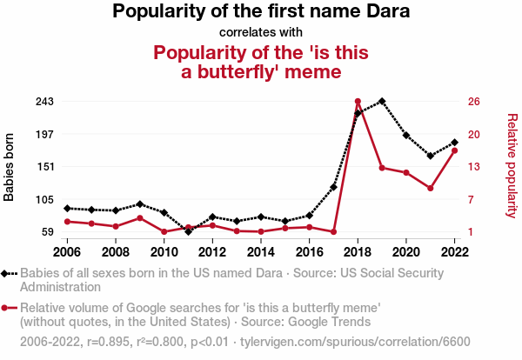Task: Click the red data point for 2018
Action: click(x=358, y=102)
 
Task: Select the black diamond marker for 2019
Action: click(x=382, y=102)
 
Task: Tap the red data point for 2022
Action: click(x=454, y=150)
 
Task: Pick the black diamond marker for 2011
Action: click(x=188, y=231)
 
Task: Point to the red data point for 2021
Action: click(x=430, y=188)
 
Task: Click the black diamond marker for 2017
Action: click(x=333, y=187)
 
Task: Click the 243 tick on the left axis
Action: click(x=44, y=102)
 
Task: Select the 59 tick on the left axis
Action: click(x=48, y=232)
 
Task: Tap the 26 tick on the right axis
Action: click(x=474, y=102)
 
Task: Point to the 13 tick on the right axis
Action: click(x=474, y=167)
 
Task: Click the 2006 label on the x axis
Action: click(x=67, y=252)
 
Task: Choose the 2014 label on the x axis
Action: click(x=261, y=252)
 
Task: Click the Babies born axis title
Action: click(x=10, y=167)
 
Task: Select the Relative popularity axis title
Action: click(x=512, y=165)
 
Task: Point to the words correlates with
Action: click(x=261, y=33)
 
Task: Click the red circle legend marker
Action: click(x=7, y=308)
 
